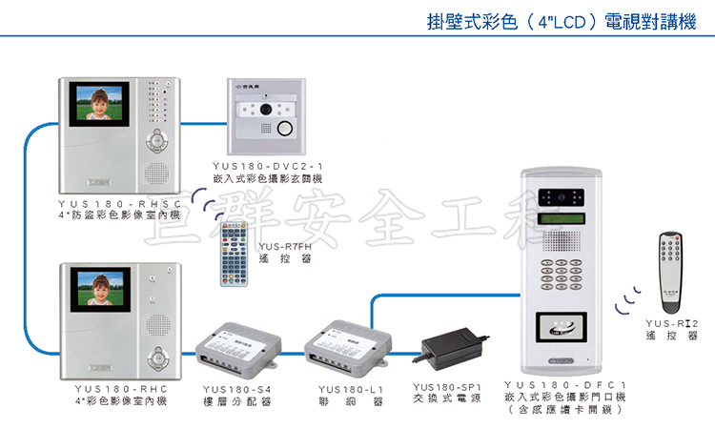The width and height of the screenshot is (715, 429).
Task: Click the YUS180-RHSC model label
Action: pos(120,203)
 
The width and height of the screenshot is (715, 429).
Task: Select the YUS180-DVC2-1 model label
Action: pos(269,167)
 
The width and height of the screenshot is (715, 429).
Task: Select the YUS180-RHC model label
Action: pos(120,389)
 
